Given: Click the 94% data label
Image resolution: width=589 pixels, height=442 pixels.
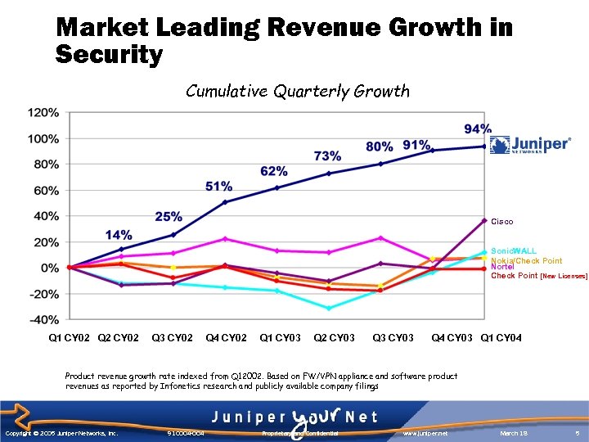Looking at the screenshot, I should click(478, 129).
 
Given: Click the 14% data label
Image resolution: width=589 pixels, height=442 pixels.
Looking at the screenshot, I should click(119, 235).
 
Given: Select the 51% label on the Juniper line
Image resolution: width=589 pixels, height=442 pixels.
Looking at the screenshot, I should click(218, 187).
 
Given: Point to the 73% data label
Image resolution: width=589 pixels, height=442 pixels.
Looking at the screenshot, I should click(327, 156).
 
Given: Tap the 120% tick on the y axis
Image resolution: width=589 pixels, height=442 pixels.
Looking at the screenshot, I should click(43, 112).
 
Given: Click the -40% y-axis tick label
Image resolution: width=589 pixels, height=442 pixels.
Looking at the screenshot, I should click(43, 319).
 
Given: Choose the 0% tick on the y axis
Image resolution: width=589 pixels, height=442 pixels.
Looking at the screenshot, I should click(49, 268).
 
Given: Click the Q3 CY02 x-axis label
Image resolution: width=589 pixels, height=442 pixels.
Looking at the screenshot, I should click(173, 338).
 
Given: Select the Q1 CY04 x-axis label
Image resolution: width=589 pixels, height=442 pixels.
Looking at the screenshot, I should click(501, 338).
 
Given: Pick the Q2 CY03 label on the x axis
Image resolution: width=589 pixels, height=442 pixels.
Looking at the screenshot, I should click(335, 338).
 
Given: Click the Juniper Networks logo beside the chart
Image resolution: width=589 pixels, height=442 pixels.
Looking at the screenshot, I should click(529, 145).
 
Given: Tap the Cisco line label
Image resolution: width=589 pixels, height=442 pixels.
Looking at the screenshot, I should click(502, 221).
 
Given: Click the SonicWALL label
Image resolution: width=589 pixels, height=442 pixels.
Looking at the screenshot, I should click(513, 252).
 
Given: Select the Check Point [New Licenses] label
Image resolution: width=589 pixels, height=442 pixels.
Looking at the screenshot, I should click(538, 276).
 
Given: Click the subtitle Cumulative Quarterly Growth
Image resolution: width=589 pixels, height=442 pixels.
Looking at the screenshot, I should click(297, 91).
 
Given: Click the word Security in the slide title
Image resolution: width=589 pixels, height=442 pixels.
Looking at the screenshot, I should click(109, 56).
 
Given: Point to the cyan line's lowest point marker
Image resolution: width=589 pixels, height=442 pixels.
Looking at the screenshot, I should click(329, 308).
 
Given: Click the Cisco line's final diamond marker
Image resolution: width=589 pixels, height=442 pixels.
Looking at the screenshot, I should click(484, 220).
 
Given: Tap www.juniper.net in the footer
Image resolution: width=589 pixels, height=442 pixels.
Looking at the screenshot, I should click(427, 432).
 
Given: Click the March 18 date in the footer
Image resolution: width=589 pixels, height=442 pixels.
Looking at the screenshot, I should click(514, 432).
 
